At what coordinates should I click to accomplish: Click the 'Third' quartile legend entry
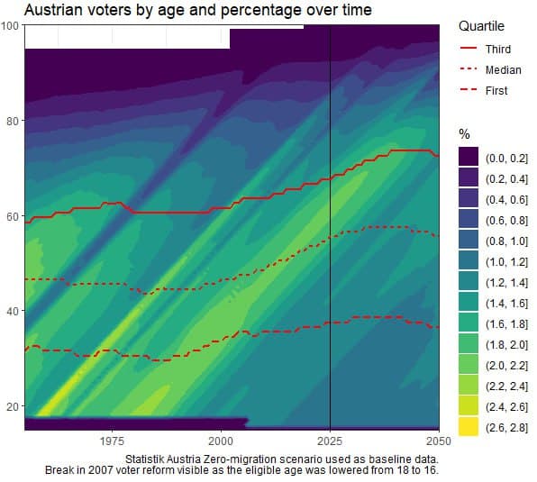[x=497, y=49]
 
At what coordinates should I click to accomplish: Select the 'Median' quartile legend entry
[x=502, y=69]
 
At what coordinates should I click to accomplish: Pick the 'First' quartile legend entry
[x=496, y=90]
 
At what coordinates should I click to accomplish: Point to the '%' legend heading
[x=465, y=135]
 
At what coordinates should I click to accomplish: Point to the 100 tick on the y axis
[x=11, y=25]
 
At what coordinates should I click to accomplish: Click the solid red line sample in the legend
[x=468, y=49]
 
